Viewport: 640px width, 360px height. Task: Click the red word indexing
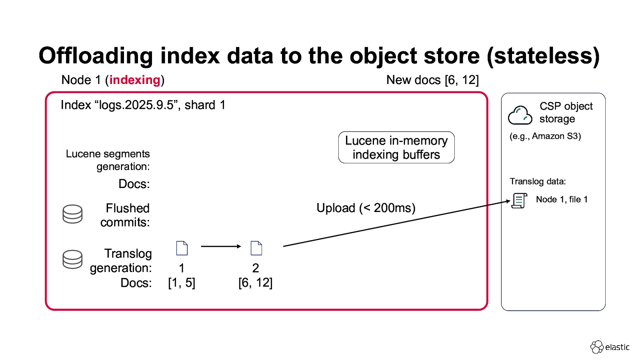[135, 80]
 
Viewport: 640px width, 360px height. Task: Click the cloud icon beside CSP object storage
[520, 115]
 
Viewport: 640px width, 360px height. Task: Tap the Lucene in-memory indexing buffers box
[396, 148]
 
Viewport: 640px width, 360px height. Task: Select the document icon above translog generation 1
[182, 248]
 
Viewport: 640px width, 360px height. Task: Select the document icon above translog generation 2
[256, 248]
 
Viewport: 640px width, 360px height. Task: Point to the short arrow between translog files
[221, 246]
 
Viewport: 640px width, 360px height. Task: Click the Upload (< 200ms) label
[366, 208]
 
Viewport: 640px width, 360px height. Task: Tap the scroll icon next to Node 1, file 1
[519, 200]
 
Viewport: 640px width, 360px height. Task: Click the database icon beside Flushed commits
[72, 214]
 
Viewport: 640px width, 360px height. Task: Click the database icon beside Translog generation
[72, 259]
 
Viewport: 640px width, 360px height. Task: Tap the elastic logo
[610, 347]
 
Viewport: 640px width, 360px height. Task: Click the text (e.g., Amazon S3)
[545, 136]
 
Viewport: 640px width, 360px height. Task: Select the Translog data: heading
[538, 182]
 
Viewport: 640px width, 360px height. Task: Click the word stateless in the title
[543, 56]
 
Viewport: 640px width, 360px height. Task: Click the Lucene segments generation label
[108, 160]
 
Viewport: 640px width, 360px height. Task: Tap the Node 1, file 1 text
[562, 200]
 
